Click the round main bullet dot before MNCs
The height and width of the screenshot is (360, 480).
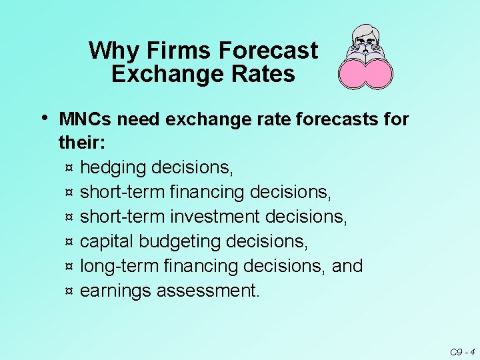[x=44, y=118]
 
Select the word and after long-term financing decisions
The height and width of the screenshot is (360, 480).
[x=347, y=266]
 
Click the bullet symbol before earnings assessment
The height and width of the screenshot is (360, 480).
[x=69, y=291]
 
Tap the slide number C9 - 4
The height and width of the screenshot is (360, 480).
[x=461, y=351]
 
